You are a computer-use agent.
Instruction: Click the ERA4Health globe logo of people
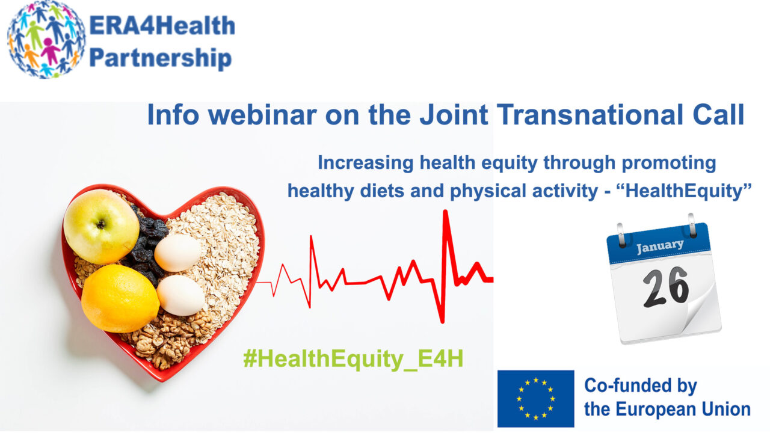46,40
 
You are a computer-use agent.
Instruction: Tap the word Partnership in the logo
160,57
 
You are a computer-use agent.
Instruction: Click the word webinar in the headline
262,115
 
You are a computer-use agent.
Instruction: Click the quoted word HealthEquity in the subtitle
685,191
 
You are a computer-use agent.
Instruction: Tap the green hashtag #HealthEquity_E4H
353,359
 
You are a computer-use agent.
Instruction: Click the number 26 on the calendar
666,287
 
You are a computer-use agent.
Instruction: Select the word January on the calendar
660,245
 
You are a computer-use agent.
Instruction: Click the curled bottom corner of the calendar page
701,309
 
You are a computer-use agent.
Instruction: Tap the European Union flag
535,399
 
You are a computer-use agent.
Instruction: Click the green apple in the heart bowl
102,226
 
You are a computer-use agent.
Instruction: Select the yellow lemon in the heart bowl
120,298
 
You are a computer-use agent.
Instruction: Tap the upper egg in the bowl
177,253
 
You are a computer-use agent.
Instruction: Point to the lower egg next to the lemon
181,295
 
